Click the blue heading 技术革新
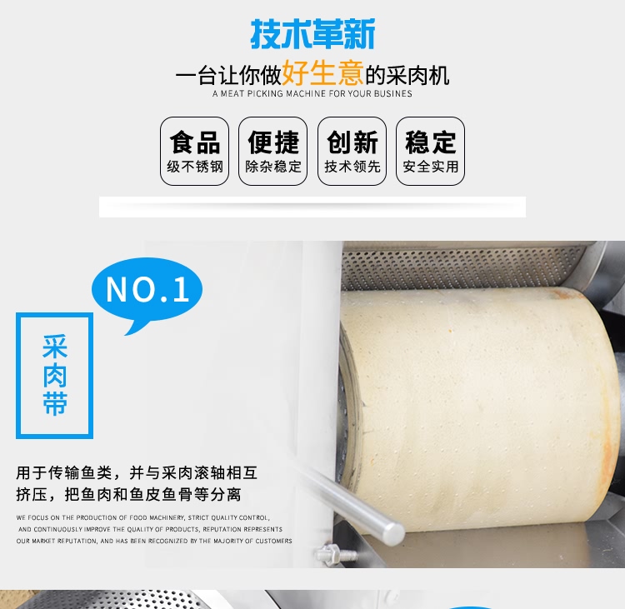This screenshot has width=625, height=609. [x=312, y=34]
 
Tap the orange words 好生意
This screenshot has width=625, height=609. [x=322, y=73]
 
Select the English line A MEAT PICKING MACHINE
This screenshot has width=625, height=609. [x=312, y=93]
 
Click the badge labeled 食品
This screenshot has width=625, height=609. [x=194, y=151]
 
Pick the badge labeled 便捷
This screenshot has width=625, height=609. [x=273, y=151]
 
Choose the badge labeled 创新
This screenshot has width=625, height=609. [x=352, y=151]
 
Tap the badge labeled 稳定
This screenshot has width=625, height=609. [x=431, y=151]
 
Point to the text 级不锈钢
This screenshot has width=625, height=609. [x=195, y=167]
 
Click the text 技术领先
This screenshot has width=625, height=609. [x=352, y=167]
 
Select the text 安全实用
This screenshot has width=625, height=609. [x=431, y=167]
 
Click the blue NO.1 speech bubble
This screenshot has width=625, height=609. [x=147, y=291]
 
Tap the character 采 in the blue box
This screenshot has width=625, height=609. [x=55, y=347]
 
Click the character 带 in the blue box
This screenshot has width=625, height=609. [x=55, y=404]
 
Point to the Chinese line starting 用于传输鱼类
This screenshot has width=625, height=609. [x=137, y=473]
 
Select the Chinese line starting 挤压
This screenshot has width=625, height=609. [x=128, y=495]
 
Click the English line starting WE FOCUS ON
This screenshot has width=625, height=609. [x=142, y=517]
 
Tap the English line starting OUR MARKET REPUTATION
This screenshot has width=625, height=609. [x=154, y=541]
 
